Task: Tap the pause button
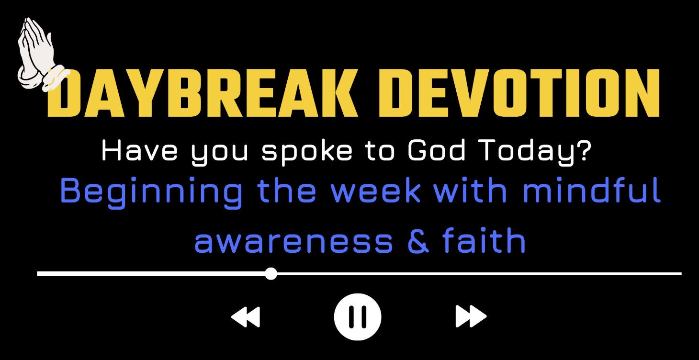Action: pyautogui.click(x=358, y=316)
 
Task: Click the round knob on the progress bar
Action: pyautogui.click(x=271, y=274)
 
